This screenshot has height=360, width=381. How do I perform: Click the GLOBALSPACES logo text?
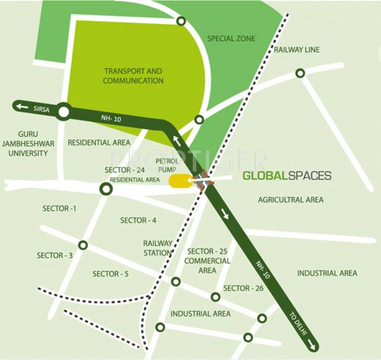pos(287,175)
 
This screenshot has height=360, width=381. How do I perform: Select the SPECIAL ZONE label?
pos(231,39)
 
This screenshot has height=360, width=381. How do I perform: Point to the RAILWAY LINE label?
pos(297,50)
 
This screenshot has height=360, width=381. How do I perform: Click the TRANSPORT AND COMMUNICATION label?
pos(133,76)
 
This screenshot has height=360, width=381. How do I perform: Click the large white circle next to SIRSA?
pos(63,113)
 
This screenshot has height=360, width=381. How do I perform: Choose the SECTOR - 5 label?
pos(110,274)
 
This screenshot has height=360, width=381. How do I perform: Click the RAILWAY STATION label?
pos(157,248)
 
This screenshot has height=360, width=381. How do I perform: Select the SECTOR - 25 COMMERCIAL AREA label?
pos(207,261)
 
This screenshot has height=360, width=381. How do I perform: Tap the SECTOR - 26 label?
pos(243,288)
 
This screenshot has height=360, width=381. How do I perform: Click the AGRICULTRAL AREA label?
pos(290,199)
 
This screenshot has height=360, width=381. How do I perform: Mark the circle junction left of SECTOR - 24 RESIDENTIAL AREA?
pos(106,189)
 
